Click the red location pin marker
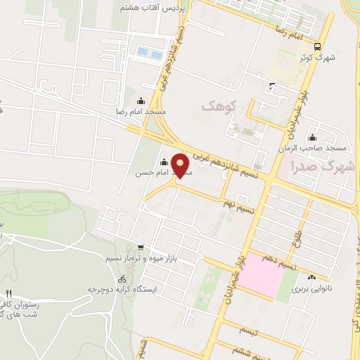181,165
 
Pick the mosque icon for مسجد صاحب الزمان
311,137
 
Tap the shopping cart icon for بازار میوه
141,247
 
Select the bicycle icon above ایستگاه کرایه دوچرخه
122,278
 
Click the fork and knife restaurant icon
8,293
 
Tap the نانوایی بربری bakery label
311,288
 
